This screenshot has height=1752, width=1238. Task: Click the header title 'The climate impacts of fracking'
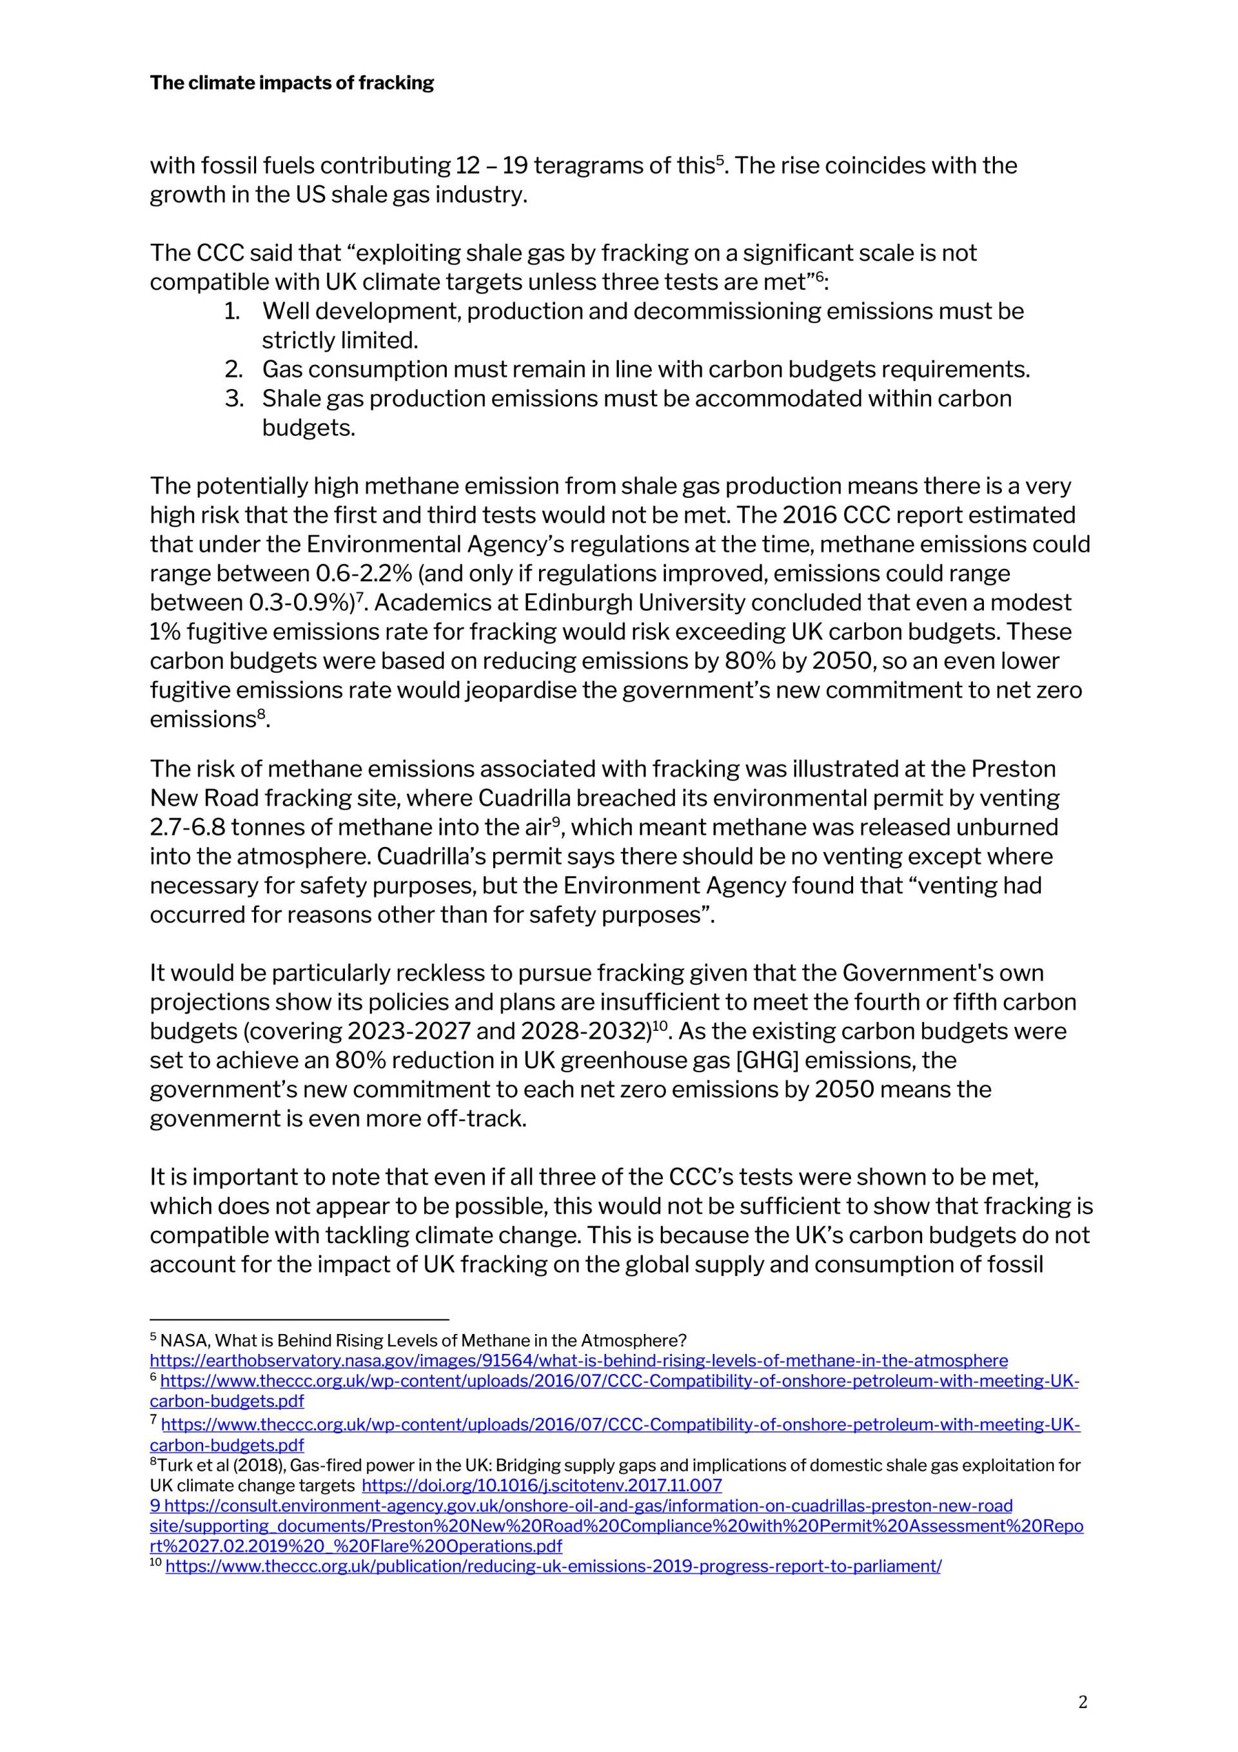[x=291, y=83]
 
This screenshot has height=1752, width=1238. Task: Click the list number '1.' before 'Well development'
[x=233, y=312]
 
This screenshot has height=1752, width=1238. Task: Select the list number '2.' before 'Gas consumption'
[x=233, y=370]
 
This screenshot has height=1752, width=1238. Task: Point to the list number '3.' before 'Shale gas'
[x=233, y=398]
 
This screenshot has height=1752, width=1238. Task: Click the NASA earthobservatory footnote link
[x=578, y=1360]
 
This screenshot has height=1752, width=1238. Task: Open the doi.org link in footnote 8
[x=542, y=1486]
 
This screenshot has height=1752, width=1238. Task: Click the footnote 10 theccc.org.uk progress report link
[x=553, y=1567]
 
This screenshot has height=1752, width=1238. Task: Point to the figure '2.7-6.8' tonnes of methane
[x=187, y=827]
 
